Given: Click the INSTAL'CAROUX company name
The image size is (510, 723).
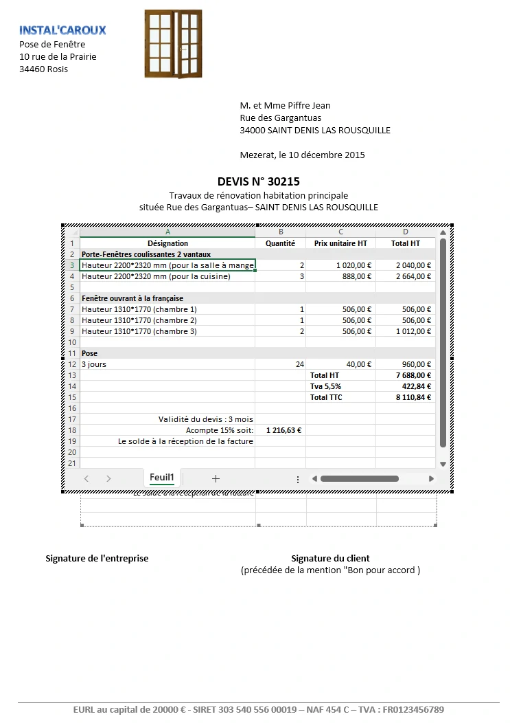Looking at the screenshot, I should (62, 30).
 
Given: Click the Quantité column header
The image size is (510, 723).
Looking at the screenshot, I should (280, 243).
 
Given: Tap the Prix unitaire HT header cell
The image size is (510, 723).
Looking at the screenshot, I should (340, 243).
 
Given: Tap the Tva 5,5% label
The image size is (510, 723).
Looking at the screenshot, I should (325, 386).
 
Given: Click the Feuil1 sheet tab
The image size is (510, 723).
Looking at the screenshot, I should (162, 478).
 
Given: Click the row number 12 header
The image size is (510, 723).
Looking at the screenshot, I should (71, 364).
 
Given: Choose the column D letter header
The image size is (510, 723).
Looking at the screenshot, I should (405, 232).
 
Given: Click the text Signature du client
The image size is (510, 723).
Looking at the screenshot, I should (330, 558).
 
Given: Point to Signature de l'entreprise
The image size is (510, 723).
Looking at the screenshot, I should (97, 558).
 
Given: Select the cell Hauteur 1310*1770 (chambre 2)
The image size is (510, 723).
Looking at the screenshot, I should (139, 320).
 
